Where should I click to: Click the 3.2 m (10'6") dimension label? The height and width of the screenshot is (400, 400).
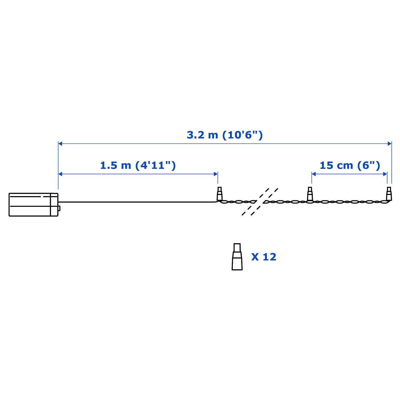click(225, 135)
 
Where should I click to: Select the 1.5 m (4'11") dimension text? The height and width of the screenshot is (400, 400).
click(138, 166)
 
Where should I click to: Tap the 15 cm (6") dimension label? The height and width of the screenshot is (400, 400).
click(350, 166)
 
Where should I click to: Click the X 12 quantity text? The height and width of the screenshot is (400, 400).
click(264, 257)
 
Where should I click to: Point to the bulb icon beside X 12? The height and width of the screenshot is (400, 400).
click(237, 257)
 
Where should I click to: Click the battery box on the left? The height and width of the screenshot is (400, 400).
click(33, 205)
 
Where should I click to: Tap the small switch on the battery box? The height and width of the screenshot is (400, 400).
click(59, 208)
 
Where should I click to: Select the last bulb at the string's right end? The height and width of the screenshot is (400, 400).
click(389, 194)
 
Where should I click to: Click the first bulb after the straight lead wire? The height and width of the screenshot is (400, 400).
click(219, 194)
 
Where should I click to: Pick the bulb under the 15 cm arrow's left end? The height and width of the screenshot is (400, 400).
click(310, 194)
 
